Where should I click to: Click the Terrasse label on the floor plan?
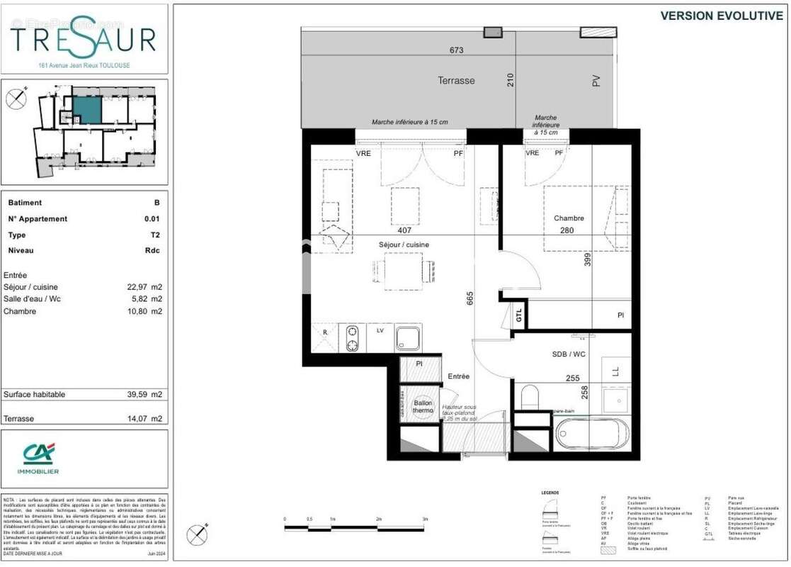(456, 81)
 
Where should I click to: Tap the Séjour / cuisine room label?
(404, 245)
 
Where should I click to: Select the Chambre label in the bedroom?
(569, 218)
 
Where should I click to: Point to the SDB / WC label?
(569, 354)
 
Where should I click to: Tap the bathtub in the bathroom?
(592, 433)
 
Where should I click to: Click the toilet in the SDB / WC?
(531, 397)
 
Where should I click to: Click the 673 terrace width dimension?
(456, 50)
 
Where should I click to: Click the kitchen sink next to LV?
(408, 337)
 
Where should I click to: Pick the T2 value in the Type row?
(155, 235)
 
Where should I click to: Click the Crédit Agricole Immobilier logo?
(40, 457)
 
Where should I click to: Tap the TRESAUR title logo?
(84, 38)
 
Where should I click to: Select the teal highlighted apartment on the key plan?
(86, 110)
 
